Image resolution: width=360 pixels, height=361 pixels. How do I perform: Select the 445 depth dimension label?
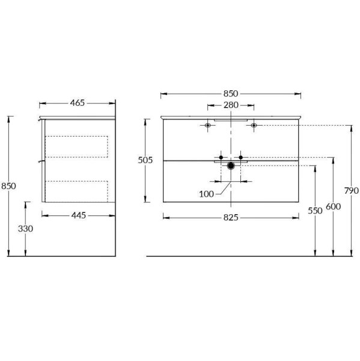click(x=81, y=215)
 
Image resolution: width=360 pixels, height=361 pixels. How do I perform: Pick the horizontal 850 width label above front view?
click(x=231, y=93)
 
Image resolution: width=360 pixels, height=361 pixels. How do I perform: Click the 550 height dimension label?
click(x=314, y=211)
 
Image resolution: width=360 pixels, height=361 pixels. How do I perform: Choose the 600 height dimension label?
click(x=334, y=206)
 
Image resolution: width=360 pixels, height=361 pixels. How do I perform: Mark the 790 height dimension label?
click(x=352, y=191)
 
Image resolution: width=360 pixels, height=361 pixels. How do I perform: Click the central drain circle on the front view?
click(x=231, y=165)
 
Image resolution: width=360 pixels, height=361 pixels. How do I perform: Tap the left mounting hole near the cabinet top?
click(x=208, y=125)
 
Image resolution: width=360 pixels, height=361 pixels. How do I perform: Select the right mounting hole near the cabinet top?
click(x=254, y=125)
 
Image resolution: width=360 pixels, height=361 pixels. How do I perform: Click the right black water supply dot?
click(x=240, y=158)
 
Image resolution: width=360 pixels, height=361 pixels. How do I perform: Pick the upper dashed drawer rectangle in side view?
click(x=78, y=147)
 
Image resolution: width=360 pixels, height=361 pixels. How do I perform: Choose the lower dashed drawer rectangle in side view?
click(x=78, y=190)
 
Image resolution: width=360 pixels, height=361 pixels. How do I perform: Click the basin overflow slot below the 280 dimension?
click(x=231, y=119)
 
